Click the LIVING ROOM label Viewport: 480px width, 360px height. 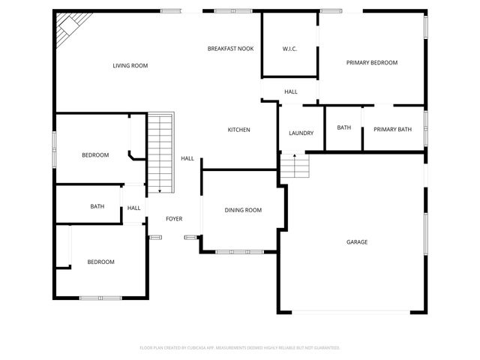click(130, 66)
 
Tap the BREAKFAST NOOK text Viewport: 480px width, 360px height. click(230, 49)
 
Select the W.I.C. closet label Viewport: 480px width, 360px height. click(289, 50)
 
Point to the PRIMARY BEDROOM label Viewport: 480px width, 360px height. click(371, 63)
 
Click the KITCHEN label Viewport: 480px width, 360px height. click(238, 130)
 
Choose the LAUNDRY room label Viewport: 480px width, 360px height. click(301, 133)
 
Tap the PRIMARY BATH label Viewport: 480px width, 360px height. click(392, 129)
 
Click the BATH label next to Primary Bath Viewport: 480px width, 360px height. click(343, 128)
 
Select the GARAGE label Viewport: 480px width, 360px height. click(356, 241)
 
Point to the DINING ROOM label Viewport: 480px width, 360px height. click(243, 210)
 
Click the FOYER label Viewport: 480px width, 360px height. click(174, 218)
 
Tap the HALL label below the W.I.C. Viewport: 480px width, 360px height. click(290, 91)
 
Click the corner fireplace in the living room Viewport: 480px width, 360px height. click(69, 25)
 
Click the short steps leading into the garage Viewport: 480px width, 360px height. click(295, 166)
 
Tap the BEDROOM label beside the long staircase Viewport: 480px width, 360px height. click(95, 155)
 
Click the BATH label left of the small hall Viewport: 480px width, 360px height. click(97, 206)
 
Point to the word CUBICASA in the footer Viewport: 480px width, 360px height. click(205, 348)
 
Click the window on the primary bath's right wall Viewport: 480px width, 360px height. click(425, 128)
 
